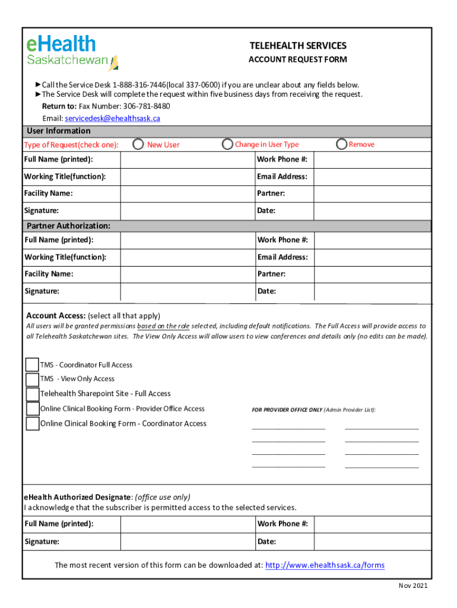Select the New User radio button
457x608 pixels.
138,144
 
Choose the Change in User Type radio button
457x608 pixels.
227,144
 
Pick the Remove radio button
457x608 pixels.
341,144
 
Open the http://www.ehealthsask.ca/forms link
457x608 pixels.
325,565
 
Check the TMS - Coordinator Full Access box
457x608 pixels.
32,365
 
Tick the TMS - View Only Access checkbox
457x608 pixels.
32,379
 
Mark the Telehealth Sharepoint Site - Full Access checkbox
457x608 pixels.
32,394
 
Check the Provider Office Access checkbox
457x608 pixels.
32,408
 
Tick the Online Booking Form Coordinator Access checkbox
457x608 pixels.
32,423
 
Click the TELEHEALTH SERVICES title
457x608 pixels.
297,46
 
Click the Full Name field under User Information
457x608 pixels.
187,160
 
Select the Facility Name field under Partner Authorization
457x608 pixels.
187,274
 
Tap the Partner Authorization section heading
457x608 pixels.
68,226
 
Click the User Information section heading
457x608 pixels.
58,131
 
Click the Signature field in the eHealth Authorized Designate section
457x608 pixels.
187,541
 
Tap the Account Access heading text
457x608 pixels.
56,315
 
